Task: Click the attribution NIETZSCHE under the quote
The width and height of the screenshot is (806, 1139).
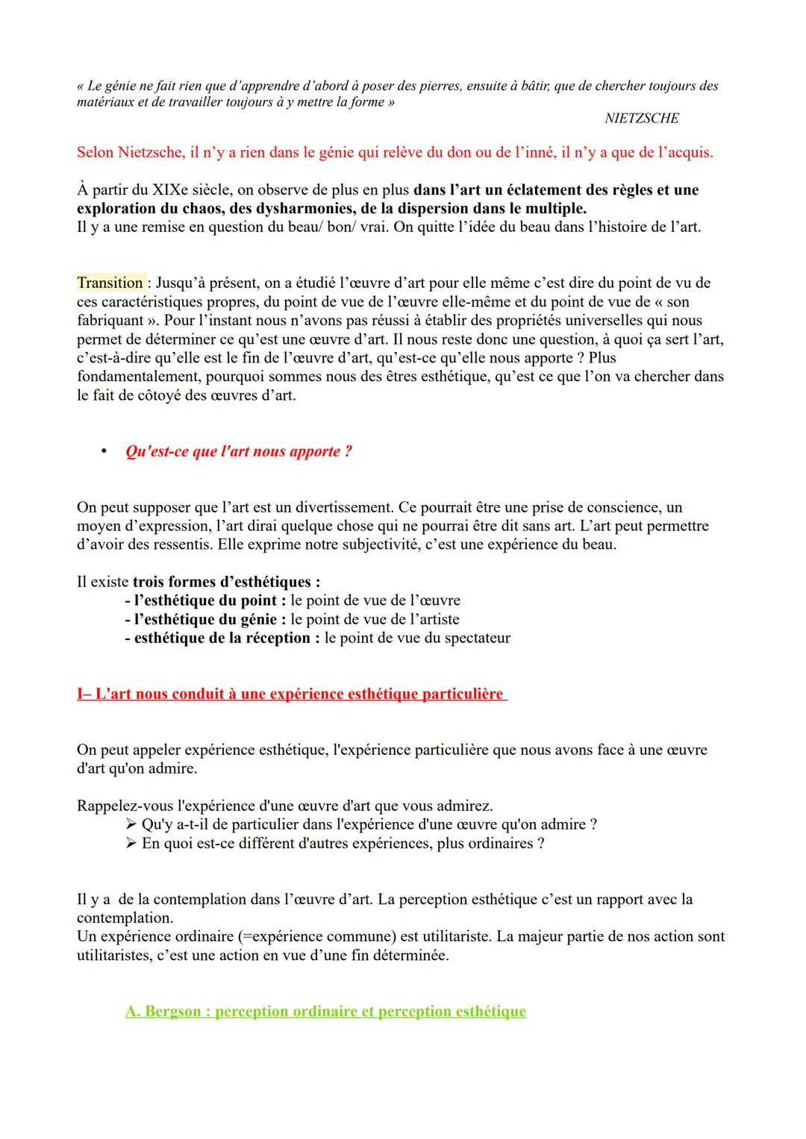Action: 641,119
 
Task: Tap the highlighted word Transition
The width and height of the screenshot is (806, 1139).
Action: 110,283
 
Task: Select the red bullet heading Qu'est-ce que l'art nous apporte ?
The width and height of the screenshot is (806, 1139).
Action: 238,451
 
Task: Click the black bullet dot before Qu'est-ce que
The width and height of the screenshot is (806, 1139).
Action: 105,451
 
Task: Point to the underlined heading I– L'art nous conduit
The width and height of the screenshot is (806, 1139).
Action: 290,694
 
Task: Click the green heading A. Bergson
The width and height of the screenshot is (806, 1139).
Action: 325,1011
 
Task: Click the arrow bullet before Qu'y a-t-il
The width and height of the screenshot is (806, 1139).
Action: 131,824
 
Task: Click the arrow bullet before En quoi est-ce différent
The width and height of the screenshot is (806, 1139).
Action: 131,843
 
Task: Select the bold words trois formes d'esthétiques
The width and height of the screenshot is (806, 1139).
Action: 226,582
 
